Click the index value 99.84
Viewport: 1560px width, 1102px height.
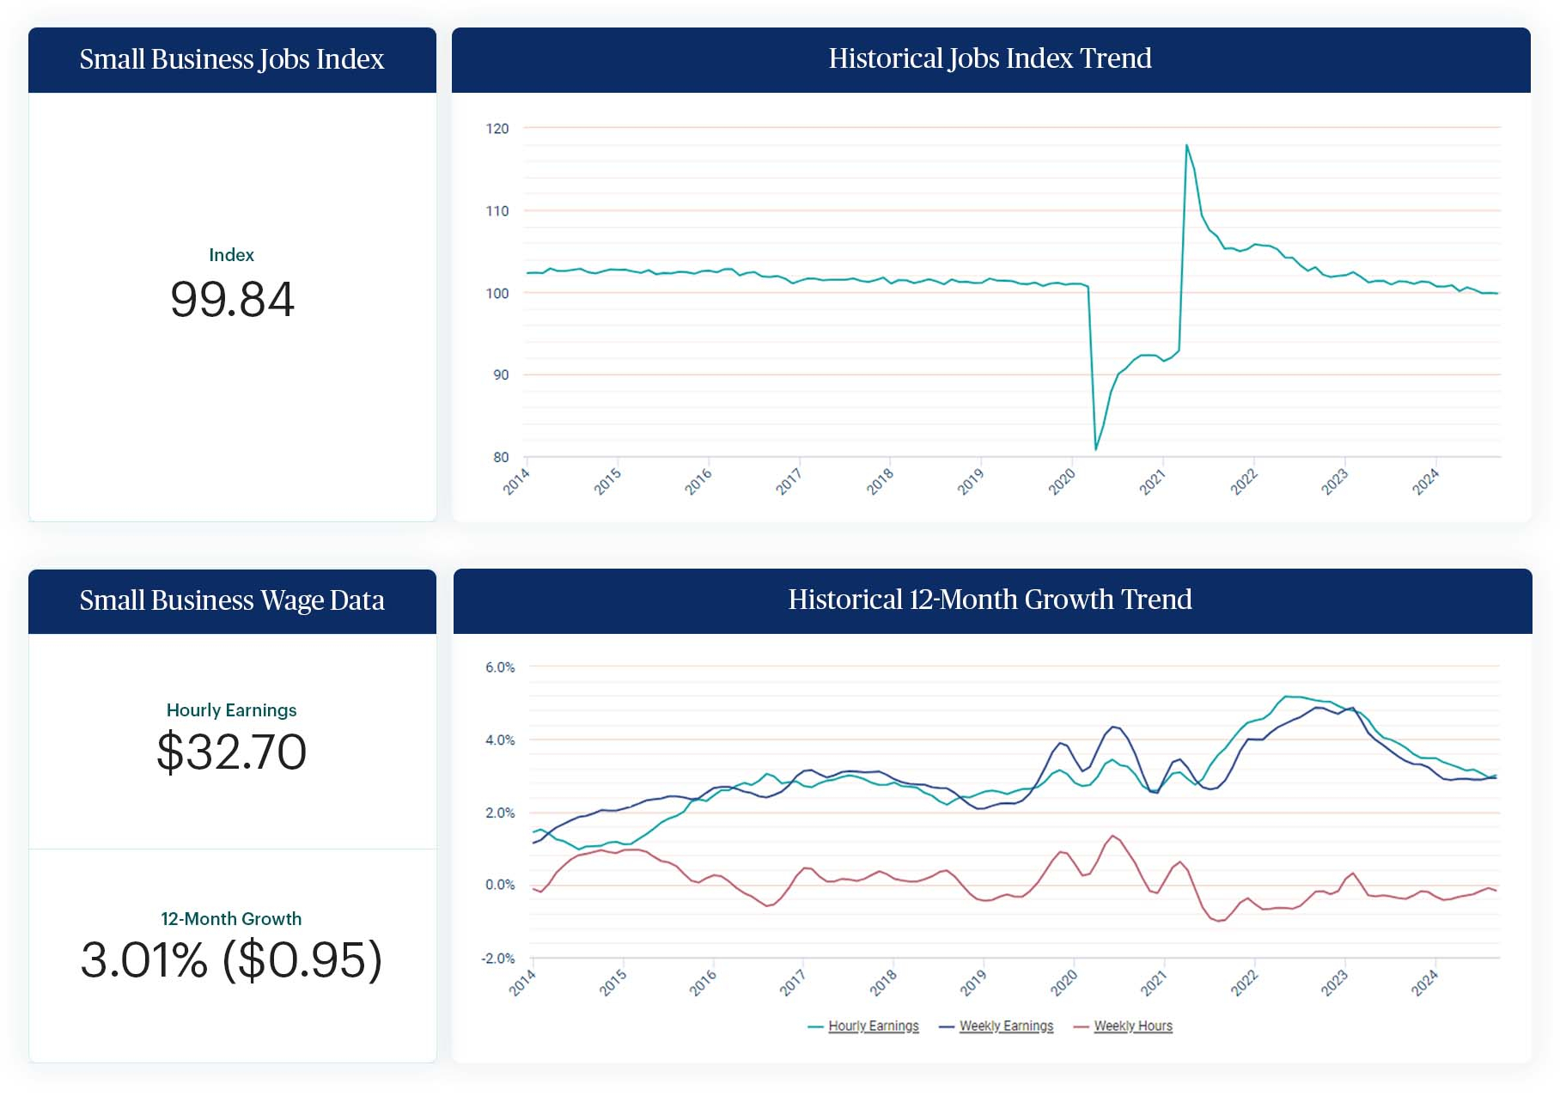click(232, 300)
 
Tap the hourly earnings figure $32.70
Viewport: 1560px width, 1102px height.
click(232, 752)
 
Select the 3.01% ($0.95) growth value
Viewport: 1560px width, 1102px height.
click(232, 960)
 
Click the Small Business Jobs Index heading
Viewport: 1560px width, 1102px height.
click(232, 59)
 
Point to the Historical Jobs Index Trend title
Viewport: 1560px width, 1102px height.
click(990, 58)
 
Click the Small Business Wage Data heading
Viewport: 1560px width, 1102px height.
click(232, 600)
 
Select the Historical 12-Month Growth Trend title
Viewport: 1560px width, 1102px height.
click(990, 600)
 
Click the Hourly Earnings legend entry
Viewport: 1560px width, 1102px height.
click(873, 1026)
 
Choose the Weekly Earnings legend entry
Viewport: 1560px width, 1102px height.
click(1005, 1026)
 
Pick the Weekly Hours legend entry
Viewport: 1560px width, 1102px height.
click(1132, 1026)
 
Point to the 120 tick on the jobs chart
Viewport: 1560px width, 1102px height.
click(497, 129)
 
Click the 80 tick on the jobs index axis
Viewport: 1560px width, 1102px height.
click(501, 458)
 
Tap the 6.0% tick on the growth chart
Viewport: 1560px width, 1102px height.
click(500, 667)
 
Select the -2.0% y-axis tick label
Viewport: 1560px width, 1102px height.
click(498, 959)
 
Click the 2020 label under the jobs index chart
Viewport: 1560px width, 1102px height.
click(1062, 482)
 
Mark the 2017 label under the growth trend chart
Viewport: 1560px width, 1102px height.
click(792, 982)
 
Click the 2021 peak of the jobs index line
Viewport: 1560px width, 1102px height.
click(1186, 145)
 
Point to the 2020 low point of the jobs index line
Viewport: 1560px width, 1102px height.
click(1095, 449)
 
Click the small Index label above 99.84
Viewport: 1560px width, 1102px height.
click(232, 255)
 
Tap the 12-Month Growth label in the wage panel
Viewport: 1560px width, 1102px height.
click(232, 919)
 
